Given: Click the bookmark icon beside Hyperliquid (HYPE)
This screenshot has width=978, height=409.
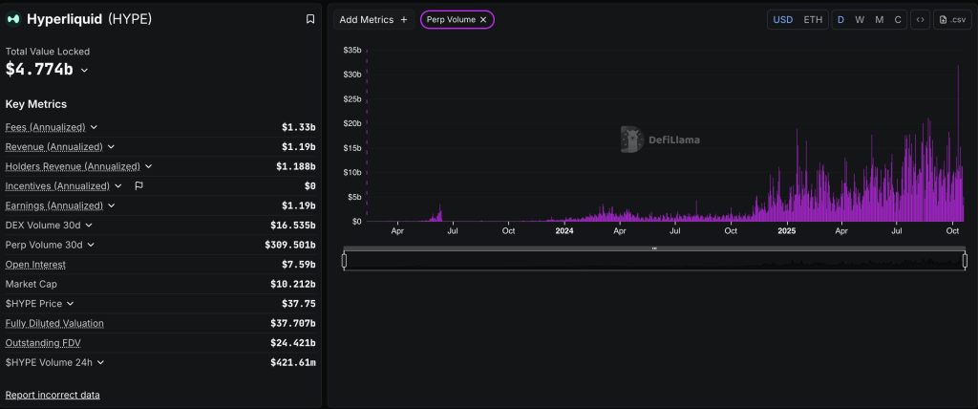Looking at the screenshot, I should point(309,19).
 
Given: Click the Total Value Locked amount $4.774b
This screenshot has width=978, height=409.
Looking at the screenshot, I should point(39,69).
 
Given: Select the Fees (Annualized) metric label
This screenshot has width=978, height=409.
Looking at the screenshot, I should point(45,127).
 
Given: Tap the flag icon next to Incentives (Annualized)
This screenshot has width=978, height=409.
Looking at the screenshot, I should point(138,185).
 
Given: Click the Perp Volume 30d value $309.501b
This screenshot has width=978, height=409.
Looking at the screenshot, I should point(292,245).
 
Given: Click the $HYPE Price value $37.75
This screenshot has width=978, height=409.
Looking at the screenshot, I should point(300,304).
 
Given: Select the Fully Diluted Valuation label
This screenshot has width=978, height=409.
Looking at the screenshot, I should point(54,323).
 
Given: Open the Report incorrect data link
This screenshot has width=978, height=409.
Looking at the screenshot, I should point(53,395).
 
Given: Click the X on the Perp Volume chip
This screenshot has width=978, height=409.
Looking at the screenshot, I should point(483,19).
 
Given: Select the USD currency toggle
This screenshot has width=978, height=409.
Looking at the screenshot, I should point(782,19).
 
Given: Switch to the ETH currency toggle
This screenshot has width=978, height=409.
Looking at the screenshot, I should point(813,19).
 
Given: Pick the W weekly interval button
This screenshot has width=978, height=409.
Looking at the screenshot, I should point(860,19).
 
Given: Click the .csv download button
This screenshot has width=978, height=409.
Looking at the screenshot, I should point(952,19).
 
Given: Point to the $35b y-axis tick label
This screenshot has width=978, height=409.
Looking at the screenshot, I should point(351,50).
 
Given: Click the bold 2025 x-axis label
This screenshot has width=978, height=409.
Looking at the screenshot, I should point(787,230).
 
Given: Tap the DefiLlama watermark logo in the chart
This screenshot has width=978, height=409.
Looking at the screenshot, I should point(660,140).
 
